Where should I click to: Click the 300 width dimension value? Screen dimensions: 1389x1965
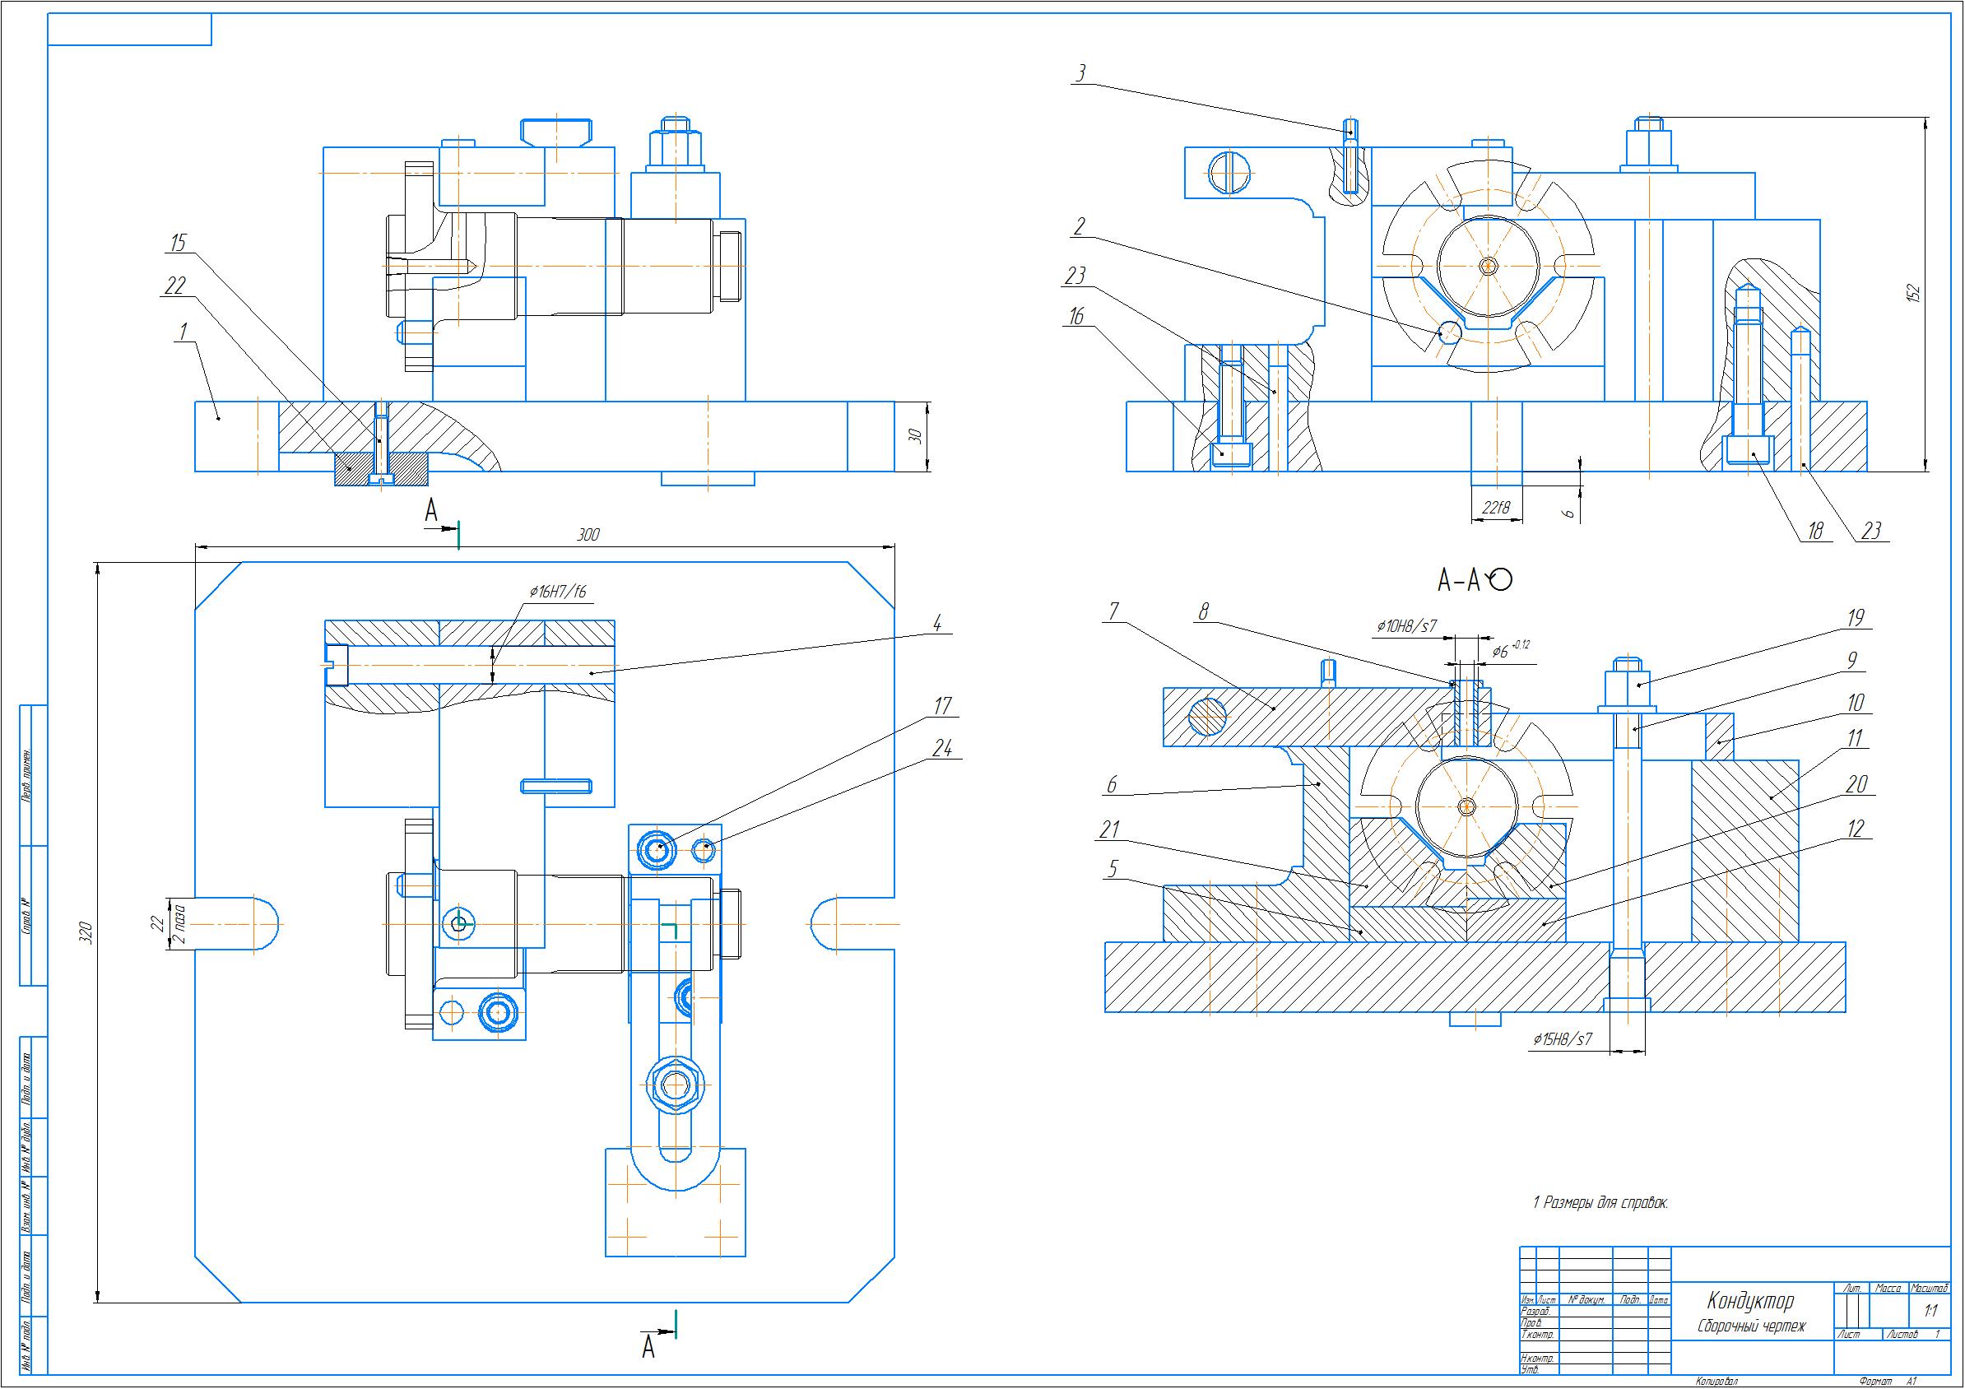click(x=588, y=535)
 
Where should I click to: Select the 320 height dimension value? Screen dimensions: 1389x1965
click(x=86, y=932)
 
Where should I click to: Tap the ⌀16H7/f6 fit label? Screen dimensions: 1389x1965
click(x=557, y=592)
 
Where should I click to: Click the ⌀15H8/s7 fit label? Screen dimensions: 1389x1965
click(x=1563, y=1040)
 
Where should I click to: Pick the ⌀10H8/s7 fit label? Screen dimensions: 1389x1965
click(x=1405, y=626)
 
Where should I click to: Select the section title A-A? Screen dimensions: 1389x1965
click(x=1458, y=582)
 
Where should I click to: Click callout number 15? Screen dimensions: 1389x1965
click(x=177, y=243)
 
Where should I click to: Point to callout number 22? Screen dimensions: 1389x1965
click(x=174, y=286)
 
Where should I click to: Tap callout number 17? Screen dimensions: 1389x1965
click(x=941, y=706)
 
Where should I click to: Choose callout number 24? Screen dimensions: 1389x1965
click(x=941, y=749)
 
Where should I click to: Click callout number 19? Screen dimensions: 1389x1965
click(x=1855, y=618)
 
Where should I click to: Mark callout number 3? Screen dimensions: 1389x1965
click(x=1082, y=74)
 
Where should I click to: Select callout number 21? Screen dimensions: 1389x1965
click(x=1110, y=829)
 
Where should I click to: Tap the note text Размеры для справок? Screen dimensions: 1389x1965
click(x=1606, y=1202)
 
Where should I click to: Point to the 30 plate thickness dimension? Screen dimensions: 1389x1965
click(x=916, y=435)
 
